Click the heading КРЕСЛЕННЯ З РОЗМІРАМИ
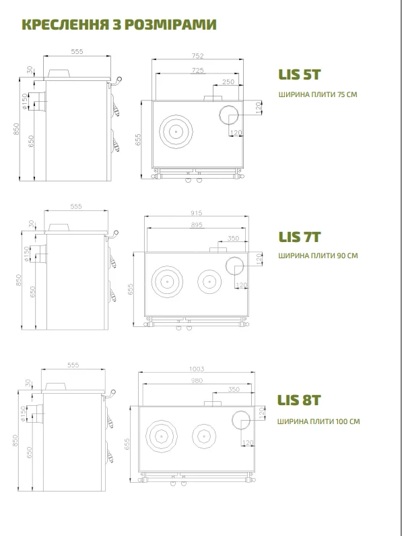pos(119,25)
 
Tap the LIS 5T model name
pos(299,75)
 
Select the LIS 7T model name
pos(299,237)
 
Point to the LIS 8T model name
pos(298,400)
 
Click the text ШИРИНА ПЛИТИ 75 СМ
pos(318,94)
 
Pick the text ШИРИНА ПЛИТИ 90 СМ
pos(318,256)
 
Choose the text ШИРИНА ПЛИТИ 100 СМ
pos(319,421)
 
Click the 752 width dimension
pos(197,55)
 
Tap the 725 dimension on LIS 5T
pos(197,70)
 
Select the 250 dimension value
pos(228,82)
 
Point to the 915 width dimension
pos(197,212)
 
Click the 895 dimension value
pos(197,225)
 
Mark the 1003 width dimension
pos(197,369)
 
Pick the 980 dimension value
pos(197,380)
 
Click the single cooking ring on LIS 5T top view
pos(176,115)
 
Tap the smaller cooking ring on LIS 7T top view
pos(209,270)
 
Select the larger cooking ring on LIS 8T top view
pos(161,421)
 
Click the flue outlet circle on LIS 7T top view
pos(234,257)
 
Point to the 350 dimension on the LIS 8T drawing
pos(234,389)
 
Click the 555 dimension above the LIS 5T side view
pos(77,51)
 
